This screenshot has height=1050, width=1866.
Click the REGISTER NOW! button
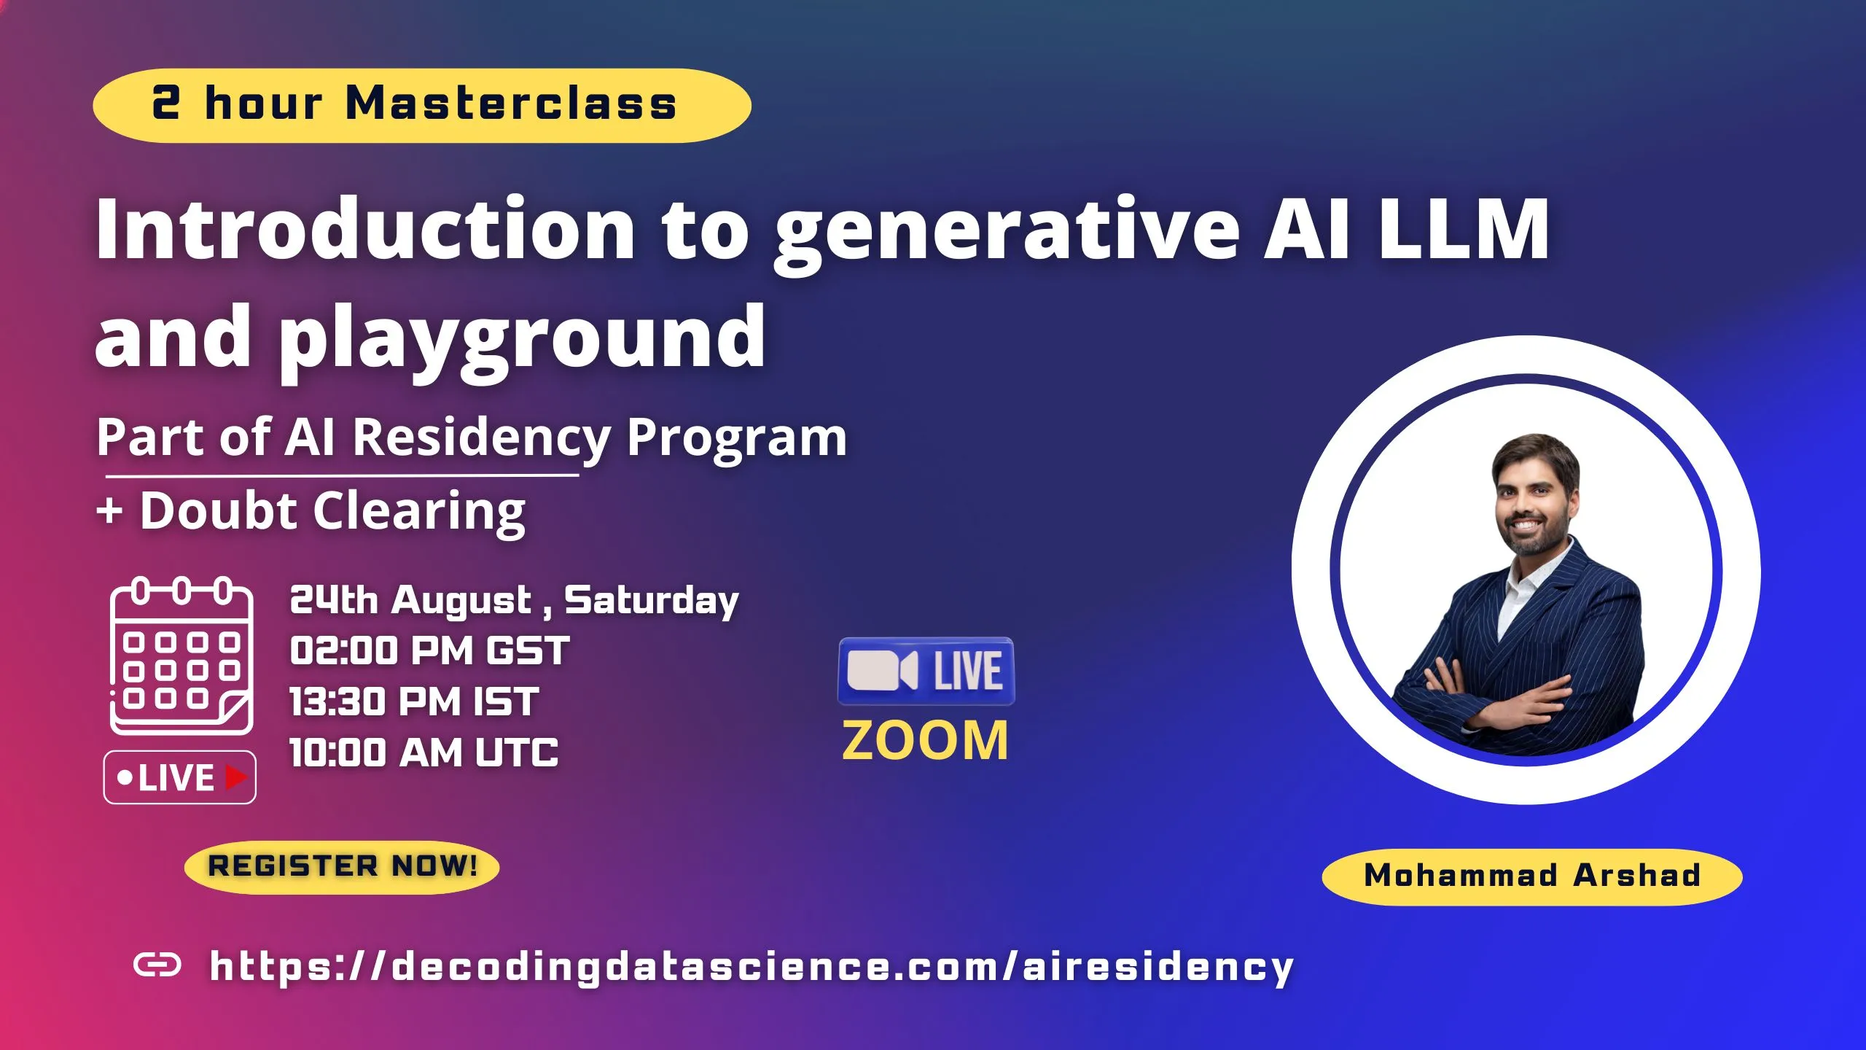pos(342,866)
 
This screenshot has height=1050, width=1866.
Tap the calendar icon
pos(181,656)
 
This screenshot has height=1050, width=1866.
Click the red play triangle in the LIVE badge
pos(236,777)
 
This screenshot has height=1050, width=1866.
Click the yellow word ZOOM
pos(925,741)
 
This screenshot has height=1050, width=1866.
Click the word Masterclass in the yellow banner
pos(511,104)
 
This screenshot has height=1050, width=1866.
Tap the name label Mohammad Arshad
pos(1532,876)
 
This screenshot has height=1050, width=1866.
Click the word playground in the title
pos(522,338)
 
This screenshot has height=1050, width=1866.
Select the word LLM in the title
pos(1464,230)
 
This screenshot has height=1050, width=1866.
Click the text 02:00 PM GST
pos(429,650)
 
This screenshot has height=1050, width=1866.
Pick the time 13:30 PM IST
pos(414,701)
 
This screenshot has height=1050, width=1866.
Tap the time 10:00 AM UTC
pos(423,752)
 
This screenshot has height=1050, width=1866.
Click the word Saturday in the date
pos(652,601)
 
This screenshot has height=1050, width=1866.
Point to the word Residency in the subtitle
pos(482,437)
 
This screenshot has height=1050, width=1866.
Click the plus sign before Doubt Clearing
pos(109,510)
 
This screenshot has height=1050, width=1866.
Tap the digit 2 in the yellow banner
pos(165,102)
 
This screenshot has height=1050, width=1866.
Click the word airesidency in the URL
pos(1158,967)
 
